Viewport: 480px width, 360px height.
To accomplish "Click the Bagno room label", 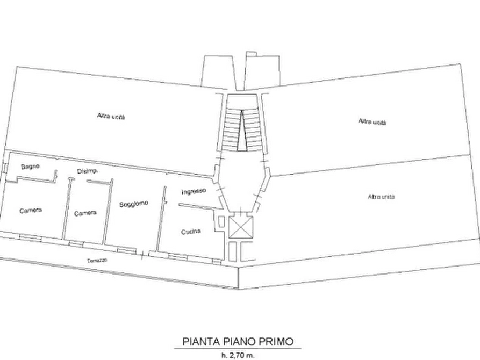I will (x=30, y=167).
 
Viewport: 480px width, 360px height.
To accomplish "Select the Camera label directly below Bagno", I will (x=31, y=210).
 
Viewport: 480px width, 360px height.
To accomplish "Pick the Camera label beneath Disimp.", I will (x=85, y=213).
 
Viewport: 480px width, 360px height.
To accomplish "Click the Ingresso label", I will (x=193, y=191).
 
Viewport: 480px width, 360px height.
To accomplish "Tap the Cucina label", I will (x=191, y=232).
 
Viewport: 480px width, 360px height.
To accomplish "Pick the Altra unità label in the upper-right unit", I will (x=372, y=121).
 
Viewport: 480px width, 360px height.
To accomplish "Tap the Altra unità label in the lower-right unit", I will (x=382, y=197).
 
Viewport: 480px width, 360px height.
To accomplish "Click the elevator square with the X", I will (x=240, y=227).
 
